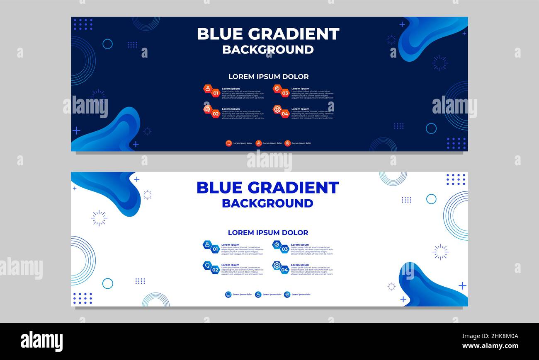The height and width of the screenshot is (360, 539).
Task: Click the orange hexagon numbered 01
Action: (215, 93)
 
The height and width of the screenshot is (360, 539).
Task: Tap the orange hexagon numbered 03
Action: (285, 93)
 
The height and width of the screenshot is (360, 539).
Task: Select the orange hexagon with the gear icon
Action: (277, 109)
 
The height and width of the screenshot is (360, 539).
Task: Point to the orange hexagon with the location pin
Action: (277, 89)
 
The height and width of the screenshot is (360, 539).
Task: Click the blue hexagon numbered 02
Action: (215, 270)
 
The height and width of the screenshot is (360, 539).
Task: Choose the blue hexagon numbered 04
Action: (284, 270)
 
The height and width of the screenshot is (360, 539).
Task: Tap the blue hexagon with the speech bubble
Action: (207, 265)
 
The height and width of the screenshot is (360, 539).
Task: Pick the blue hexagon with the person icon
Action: (207, 244)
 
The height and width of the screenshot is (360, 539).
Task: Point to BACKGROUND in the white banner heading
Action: (267, 203)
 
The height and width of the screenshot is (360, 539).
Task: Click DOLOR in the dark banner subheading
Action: (295, 77)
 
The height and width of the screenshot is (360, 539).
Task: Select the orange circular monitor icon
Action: (228, 143)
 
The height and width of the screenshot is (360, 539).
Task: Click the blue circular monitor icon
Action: (228, 295)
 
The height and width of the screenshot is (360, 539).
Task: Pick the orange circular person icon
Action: (258, 143)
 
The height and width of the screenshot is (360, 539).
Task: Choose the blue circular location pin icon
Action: (287, 295)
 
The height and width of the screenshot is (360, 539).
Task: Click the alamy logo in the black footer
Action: (41, 341)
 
